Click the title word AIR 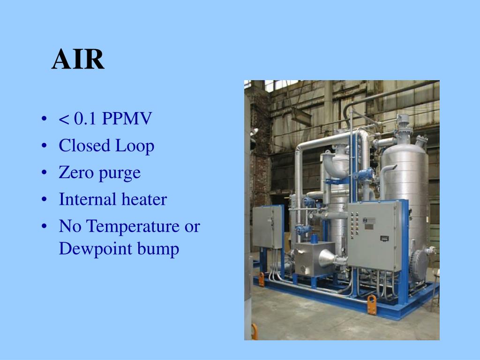point(78,60)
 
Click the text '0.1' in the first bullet point(86,119)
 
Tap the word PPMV point(127,119)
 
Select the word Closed point(83,146)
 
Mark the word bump point(159,249)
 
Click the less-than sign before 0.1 point(63,120)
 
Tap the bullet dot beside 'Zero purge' point(44,173)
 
